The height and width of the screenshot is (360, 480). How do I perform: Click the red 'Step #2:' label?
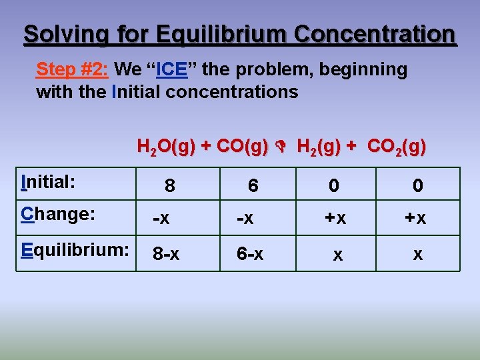[x=73, y=69]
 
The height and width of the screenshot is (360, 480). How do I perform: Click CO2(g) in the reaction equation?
[x=396, y=146]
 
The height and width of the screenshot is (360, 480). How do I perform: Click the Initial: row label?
[x=48, y=182]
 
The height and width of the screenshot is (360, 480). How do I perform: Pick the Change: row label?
[x=58, y=214]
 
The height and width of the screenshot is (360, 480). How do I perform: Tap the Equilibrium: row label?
[x=75, y=250]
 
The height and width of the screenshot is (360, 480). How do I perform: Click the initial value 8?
[x=170, y=187]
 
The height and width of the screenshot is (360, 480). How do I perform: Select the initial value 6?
[x=253, y=187]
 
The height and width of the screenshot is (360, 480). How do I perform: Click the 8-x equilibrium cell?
[x=166, y=254]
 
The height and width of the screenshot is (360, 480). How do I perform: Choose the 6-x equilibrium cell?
[x=250, y=254]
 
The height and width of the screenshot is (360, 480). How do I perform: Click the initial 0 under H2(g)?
[x=333, y=187]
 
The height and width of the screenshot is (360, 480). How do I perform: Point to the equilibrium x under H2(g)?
[x=338, y=254]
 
